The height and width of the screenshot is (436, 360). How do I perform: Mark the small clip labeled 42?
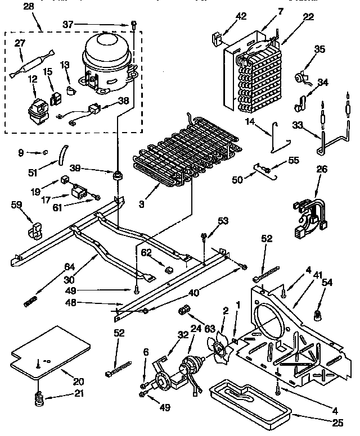215,40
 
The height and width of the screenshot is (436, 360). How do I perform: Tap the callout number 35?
319,49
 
